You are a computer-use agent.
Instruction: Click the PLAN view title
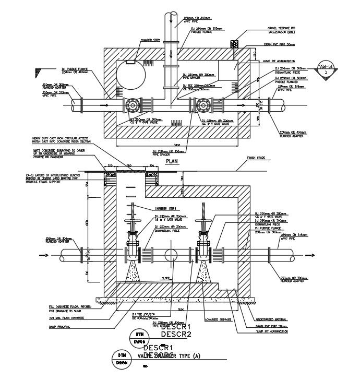(172, 162)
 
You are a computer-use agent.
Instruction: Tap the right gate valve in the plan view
(200, 106)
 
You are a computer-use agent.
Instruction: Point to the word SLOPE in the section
(166, 278)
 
